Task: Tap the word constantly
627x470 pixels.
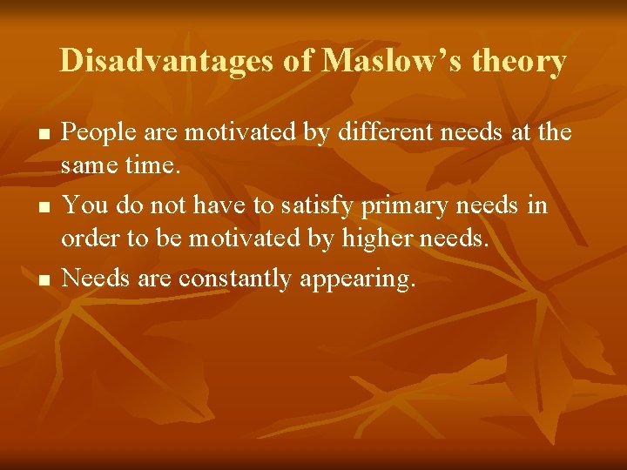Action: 235,279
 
